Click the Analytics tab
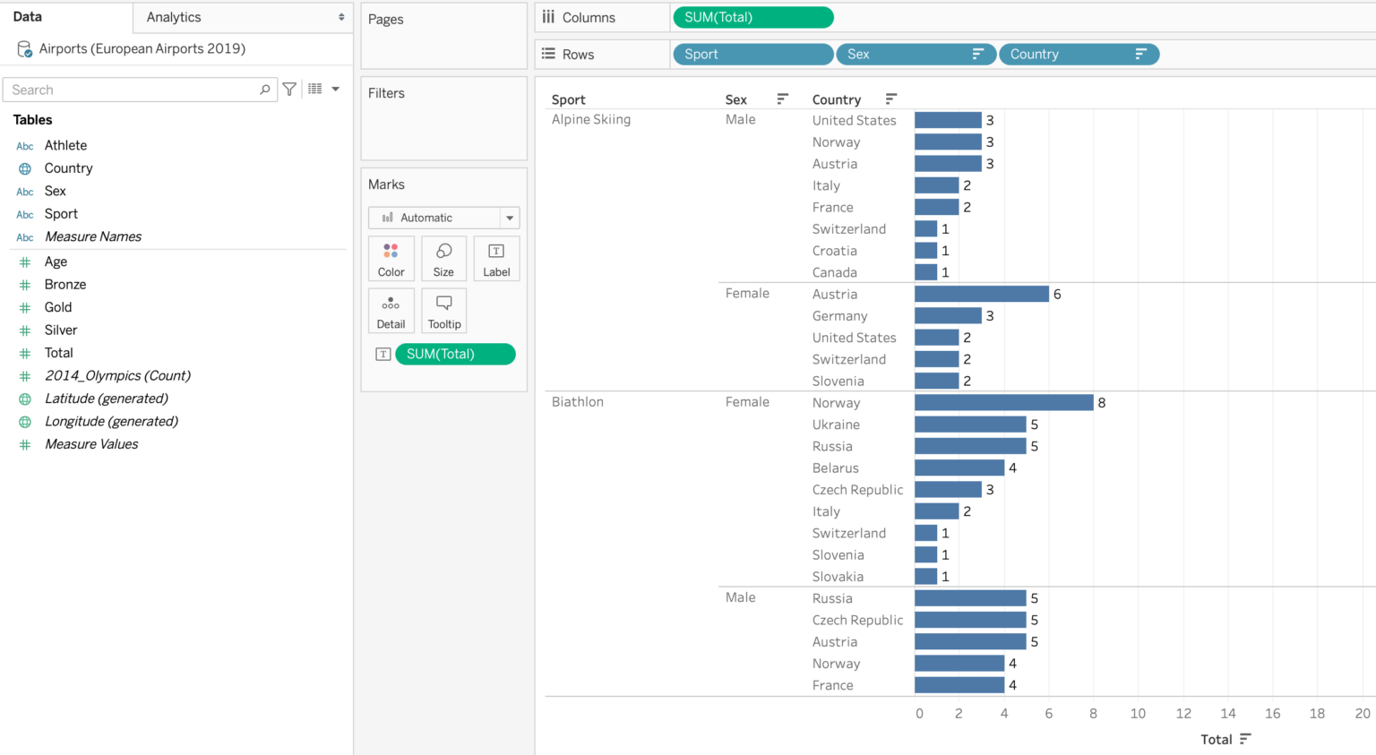tap(174, 17)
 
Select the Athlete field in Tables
tap(65, 145)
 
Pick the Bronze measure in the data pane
tap(65, 284)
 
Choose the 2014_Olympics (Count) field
tap(117, 375)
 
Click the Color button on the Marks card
tap(391, 260)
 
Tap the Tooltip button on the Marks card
tap(443, 311)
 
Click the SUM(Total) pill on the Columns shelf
tap(752, 17)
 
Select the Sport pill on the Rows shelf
tap(752, 55)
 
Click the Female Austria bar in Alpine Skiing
tap(981, 294)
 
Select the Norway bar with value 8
tap(1003, 403)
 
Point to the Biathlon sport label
tap(577, 402)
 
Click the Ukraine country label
tap(835, 425)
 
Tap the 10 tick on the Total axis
tap(1138, 713)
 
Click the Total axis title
tap(1216, 739)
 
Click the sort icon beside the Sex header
tap(782, 99)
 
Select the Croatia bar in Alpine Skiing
tap(925, 251)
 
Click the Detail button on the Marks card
tap(391, 311)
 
